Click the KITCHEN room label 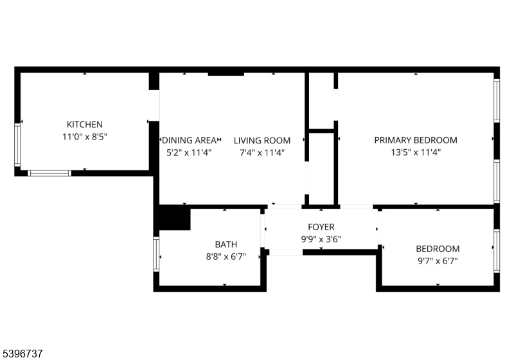pyautogui.click(x=85, y=124)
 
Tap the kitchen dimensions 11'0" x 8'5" pyautogui.click(x=85, y=136)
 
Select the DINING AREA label pyautogui.click(x=189, y=140)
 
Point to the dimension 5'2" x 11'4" pyautogui.click(x=189, y=152)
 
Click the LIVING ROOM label pyautogui.click(x=261, y=140)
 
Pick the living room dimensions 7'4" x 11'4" pyautogui.click(x=261, y=152)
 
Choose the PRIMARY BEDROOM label pyautogui.click(x=416, y=140)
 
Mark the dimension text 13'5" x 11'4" pyautogui.click(x=416, y=152)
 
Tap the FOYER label pyautogui.click(x=320, y=227)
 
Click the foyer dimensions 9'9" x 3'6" pyautogui.click(x=320, y=239)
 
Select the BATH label pyautogui.click(x=226, y=244)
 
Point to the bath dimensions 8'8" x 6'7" pyautogui.click(x=226, y=256)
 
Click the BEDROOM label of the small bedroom pyautogui.click(x=438, y=249)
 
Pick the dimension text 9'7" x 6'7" pyautogui.click(x=438, y=261)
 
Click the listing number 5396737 pyautogui.click(x=23, y=353)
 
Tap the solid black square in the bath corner pyautogui.click(x=174, y=218)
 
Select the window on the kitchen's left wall pyautogui.click(x=18, y=145)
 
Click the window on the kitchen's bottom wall pyautogui.click(x=49, y=173)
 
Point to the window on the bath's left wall pyautogui.click(x=156, y=254)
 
